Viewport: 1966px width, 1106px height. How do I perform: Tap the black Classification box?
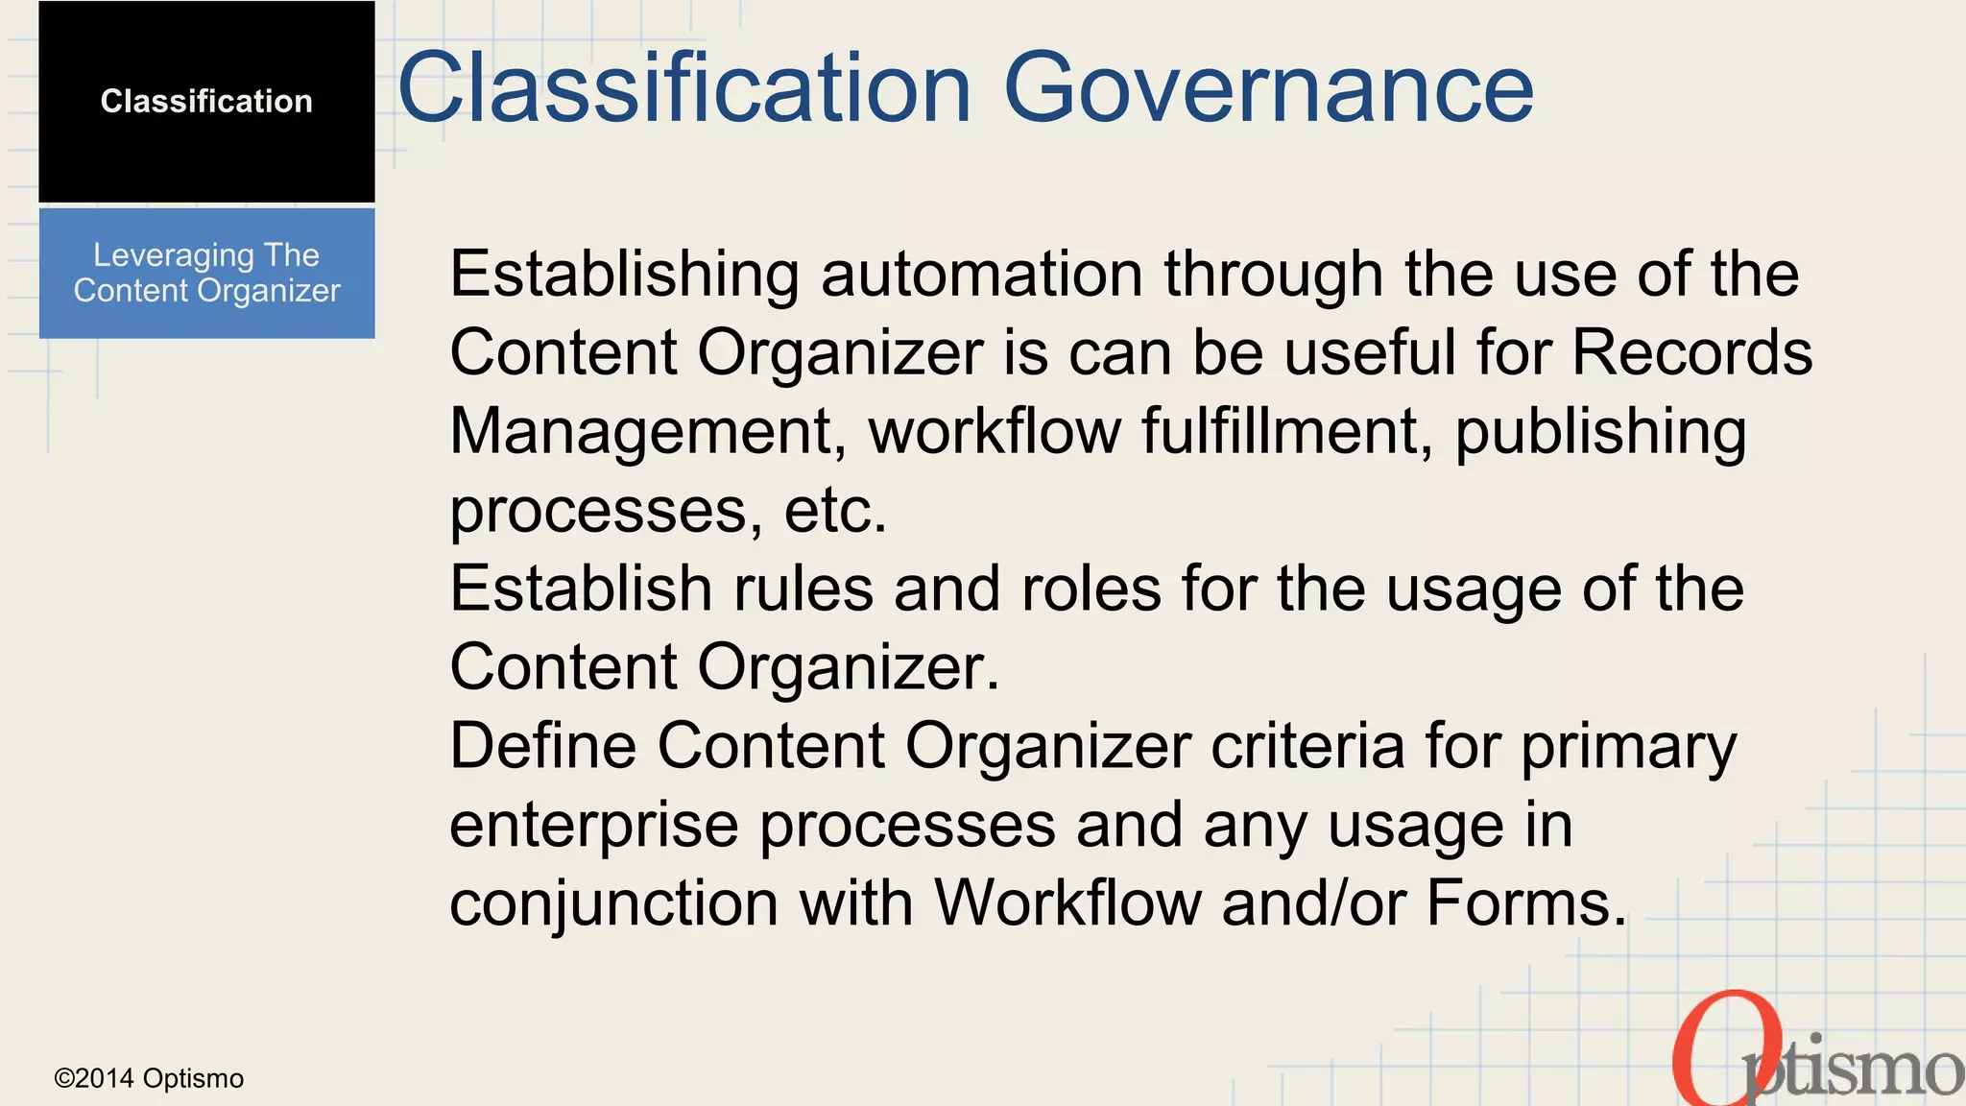[206, 102]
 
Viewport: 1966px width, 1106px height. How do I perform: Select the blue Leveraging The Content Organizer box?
[206, 273]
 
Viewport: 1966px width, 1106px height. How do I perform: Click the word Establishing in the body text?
[624, 275]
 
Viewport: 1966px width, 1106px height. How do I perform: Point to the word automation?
[982, 275]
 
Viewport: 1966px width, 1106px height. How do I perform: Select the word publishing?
[1600, 434]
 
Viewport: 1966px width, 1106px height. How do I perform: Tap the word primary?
[1629, 749]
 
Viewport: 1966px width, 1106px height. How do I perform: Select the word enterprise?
[594, 827]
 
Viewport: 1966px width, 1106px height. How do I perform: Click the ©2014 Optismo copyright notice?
[149, 1079]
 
